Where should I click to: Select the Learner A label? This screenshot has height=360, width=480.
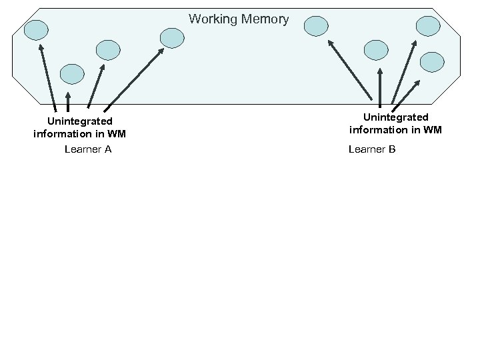(x=88, y=149)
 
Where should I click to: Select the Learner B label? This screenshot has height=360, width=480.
(x=372, y=149)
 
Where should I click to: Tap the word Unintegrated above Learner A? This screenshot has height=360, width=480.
(x=79, y=121)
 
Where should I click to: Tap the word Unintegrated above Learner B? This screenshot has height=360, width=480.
(x=395, y=117)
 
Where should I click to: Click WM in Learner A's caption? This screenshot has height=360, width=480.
(x=116, y=134)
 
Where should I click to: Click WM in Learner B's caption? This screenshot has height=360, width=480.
(x=432, y=130)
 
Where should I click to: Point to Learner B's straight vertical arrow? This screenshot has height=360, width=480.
(x=379, y=87)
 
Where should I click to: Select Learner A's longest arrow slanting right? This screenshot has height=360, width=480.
(x=134, y=77)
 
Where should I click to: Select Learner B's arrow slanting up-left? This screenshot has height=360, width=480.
(x=349, y=69)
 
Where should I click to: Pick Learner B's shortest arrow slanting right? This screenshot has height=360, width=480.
(x=406, y=94)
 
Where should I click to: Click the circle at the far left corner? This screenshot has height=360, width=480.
(x=37, y=29)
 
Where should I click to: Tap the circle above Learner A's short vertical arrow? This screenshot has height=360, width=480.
(x=72, y=74)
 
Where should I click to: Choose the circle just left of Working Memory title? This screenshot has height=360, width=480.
(x=173, y=38)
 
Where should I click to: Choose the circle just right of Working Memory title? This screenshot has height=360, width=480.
(x=317, y=26)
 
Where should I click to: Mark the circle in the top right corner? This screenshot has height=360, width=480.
(x=428, y=26)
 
